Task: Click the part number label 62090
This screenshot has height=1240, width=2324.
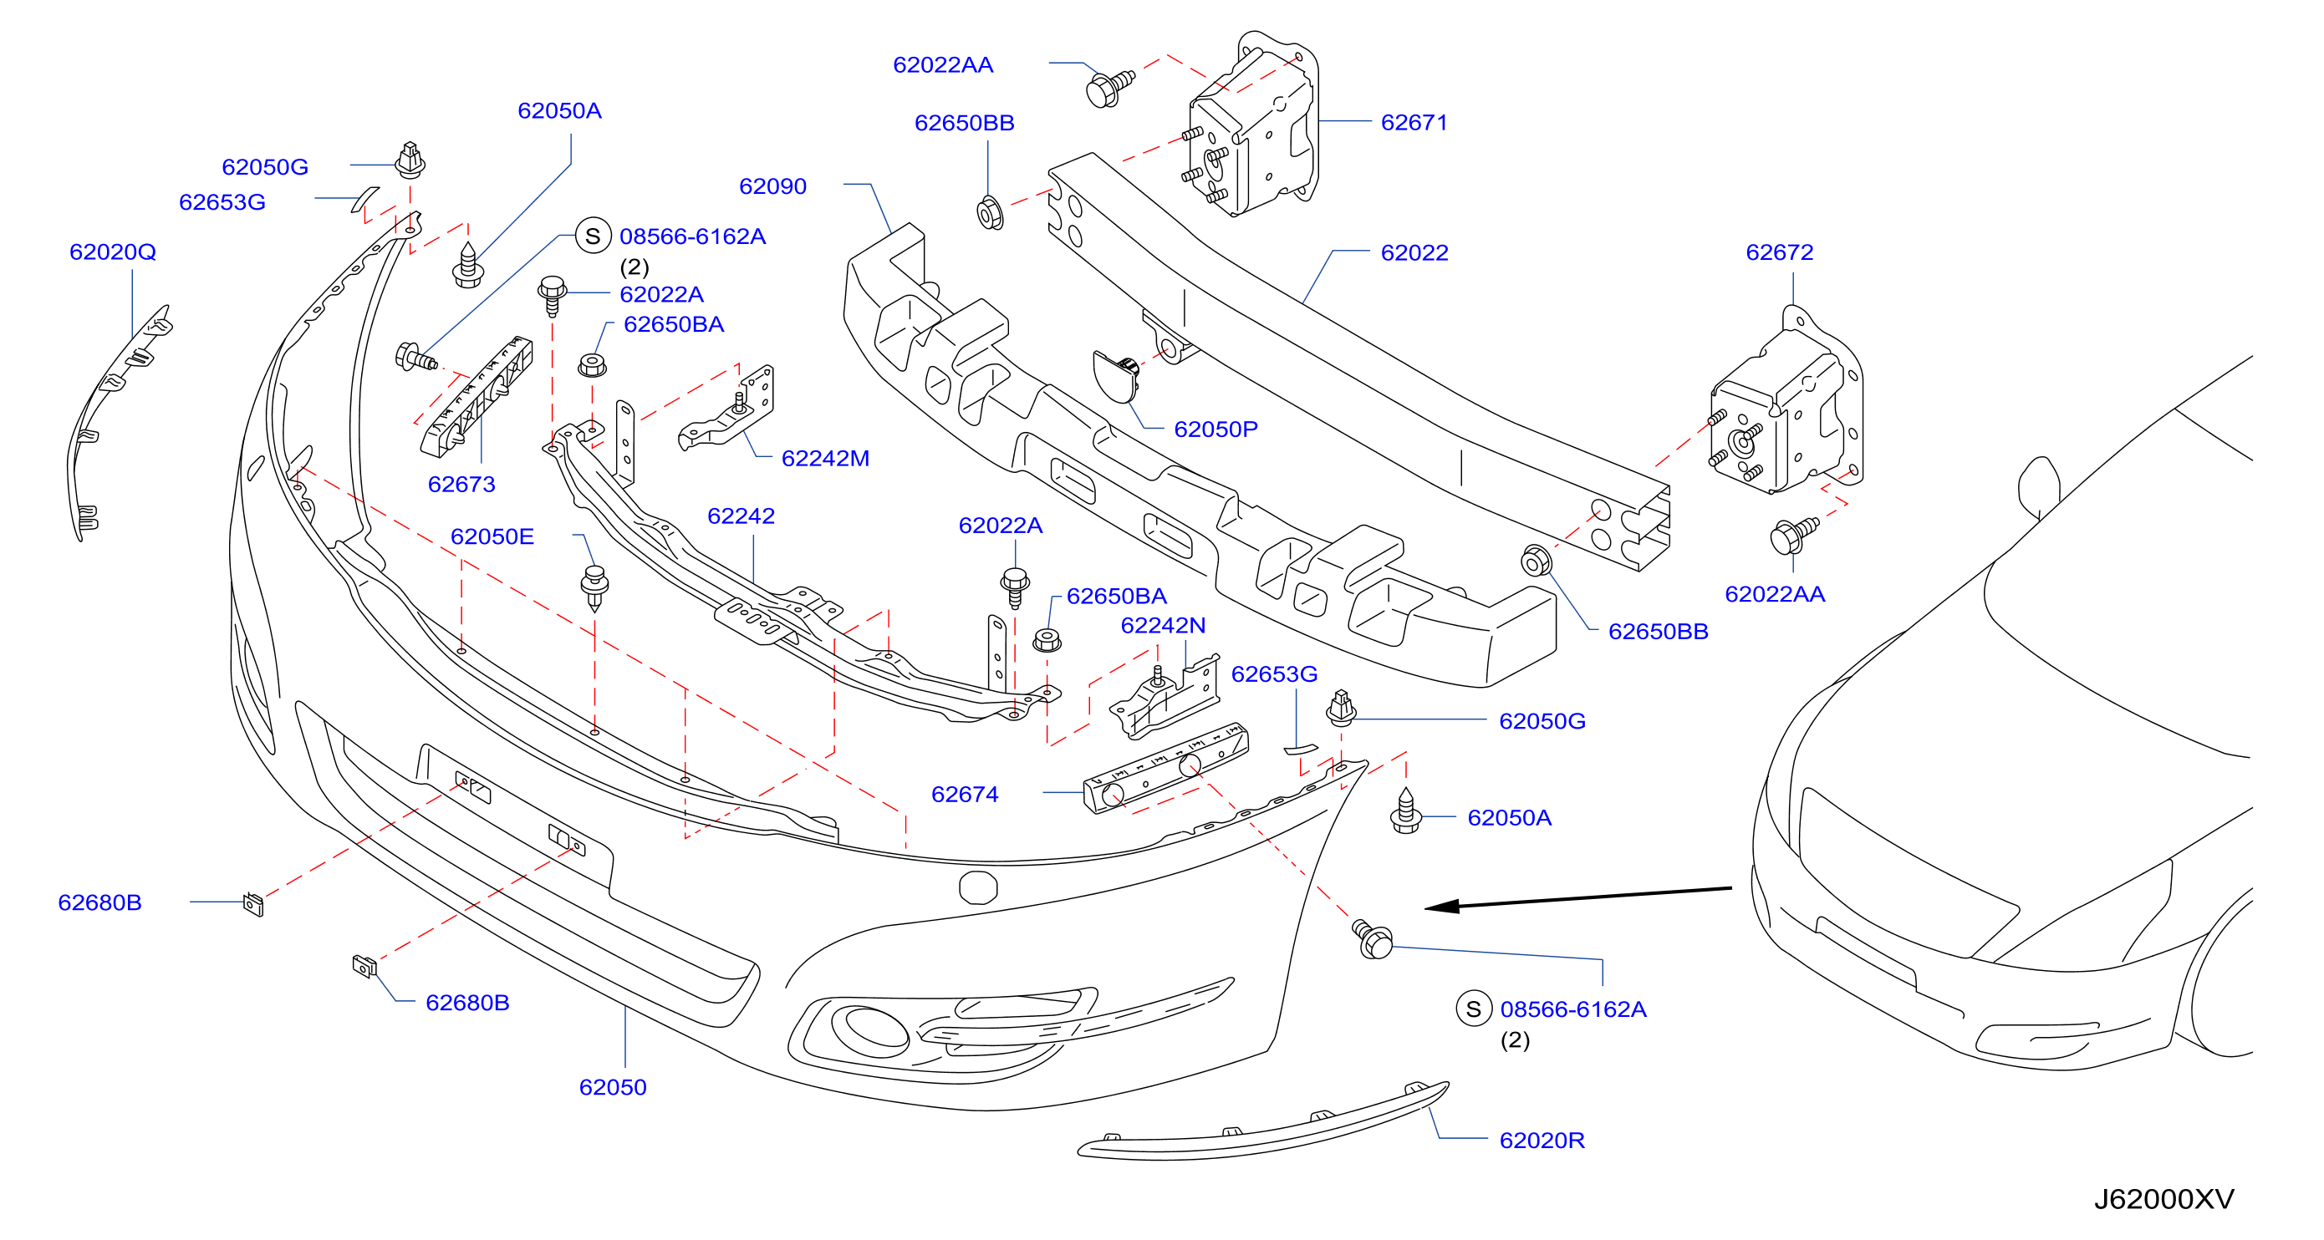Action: [x=772, y=186]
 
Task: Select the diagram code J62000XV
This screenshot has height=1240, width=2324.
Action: [x=2163, y=1198]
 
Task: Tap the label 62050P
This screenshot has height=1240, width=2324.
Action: [x=1216, y=429]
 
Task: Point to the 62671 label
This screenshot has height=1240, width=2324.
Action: [x=1414, y=123]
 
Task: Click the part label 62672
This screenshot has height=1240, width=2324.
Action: [x=1779, y=252]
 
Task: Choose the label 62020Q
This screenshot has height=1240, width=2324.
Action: [x=113, y=252]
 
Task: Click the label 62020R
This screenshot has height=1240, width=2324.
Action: [x=1542, y=1140]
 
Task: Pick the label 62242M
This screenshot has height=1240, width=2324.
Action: [x=824, y=458]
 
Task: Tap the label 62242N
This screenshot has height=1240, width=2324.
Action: [x=1163, y=625]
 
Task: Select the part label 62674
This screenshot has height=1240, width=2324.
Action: [x=965, y=795]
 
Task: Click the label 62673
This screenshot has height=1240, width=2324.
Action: [x=461, y=485]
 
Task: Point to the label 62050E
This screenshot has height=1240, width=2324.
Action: [x=492, y=536]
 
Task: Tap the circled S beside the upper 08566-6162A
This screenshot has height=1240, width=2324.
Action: [x=593, y=236]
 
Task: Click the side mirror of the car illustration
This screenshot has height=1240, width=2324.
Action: [x=2039, y=487]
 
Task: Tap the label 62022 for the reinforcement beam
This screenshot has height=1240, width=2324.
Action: [x=1414, y=252]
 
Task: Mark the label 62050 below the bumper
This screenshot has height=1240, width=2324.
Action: [x=613, y=1087]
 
